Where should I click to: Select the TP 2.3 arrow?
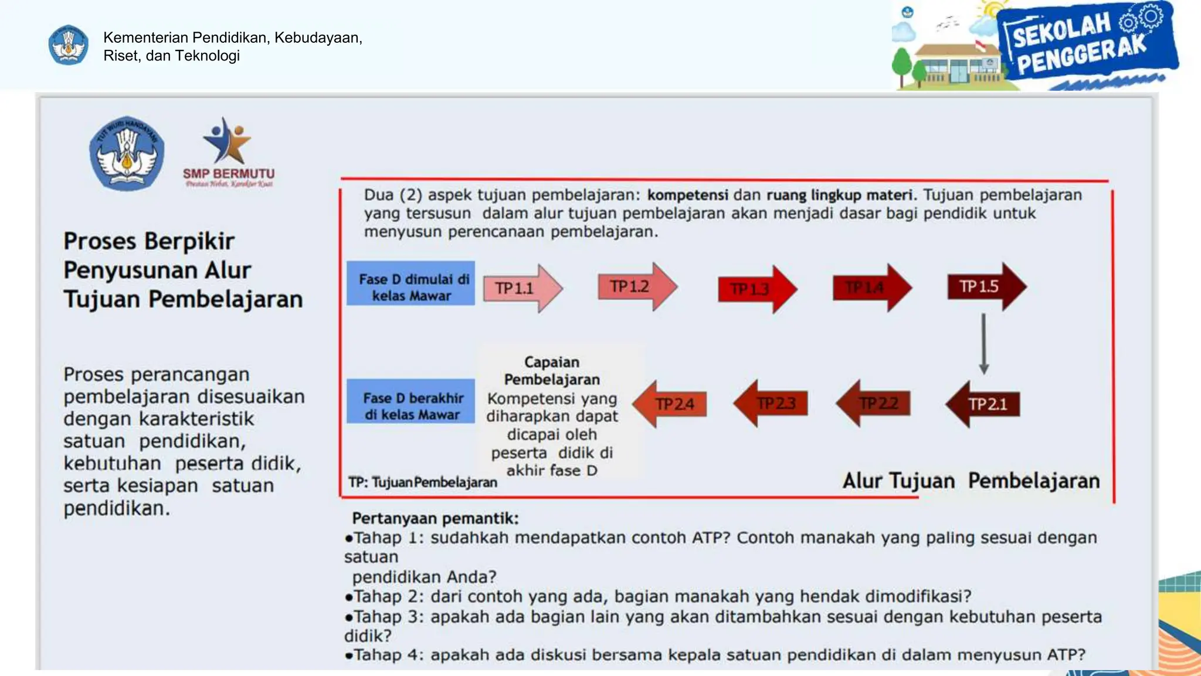point(771,403)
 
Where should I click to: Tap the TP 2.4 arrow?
point(670,404)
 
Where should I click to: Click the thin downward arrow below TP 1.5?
point(984,344)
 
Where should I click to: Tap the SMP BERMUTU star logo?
point(228,141)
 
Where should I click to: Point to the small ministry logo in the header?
point(69,45)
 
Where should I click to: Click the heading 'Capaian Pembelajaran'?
point(552,371)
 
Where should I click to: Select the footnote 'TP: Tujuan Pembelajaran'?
point(423,482)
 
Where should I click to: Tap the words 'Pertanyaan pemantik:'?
point(435,519)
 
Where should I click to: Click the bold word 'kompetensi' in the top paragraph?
point(687,195)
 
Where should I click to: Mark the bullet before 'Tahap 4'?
point(349,655)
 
